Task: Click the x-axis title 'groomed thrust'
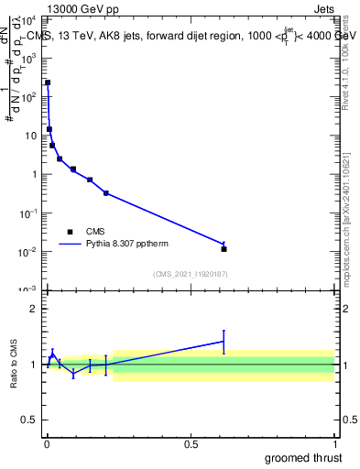pyautogui.click(x=304, y=457)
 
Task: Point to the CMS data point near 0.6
pyautogui.click(x=224, y=249)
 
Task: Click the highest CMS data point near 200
pyautogui.click(x=48, y=82)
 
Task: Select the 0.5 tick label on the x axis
pyautogui.click(x=191, y=443)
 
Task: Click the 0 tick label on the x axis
pyautogui.click(x=47, y=443)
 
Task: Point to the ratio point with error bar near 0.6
pyautogui.click(x=224, y=341)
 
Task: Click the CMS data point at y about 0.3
pyautogui.click(x=106, y=193)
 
